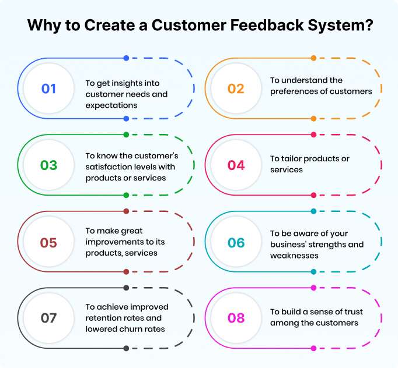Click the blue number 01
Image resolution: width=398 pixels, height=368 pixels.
click(48, 89)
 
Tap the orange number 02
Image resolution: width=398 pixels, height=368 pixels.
click(236, 89)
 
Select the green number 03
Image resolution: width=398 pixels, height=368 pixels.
click(48, 165)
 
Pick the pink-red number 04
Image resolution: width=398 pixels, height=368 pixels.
click(236, 165)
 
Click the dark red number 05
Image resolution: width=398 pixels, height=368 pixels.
click(48, 242)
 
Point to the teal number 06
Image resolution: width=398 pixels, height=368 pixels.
click(236, 242)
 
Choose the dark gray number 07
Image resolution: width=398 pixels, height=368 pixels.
click(48, 319)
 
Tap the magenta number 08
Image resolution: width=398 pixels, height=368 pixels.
click(236, 319)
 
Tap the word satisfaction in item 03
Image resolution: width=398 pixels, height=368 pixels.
click(112, 167)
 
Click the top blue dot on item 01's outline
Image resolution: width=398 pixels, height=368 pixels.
click(126, 58)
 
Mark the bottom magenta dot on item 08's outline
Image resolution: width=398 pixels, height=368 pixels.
click(313, 348)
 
